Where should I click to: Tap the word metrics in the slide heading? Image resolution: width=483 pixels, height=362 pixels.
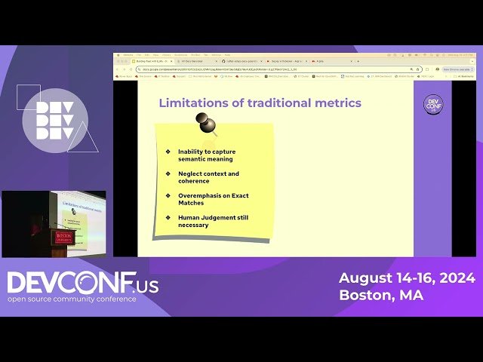(337, 103)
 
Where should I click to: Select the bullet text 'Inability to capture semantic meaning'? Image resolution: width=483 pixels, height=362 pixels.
(206, 155)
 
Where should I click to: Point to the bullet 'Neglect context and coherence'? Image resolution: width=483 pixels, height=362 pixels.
(208, 177)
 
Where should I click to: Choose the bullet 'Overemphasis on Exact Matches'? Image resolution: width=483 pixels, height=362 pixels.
(213, 199)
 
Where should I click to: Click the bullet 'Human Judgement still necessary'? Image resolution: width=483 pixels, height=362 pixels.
(213, 221)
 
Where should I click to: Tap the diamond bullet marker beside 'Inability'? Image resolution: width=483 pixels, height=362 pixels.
(168, 152)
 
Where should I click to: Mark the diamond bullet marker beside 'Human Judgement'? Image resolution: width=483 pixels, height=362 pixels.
(168, 218)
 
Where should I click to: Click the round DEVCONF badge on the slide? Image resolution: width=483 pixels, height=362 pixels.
(433, 105)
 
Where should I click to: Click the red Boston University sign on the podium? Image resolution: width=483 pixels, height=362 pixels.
(62, 238)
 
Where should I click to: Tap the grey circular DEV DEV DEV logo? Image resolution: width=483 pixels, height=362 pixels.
(54, 121)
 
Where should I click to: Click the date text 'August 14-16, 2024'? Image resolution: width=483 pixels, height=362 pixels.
(407, 278)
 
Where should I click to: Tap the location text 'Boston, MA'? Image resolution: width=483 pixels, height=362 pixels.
(381, 296)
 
